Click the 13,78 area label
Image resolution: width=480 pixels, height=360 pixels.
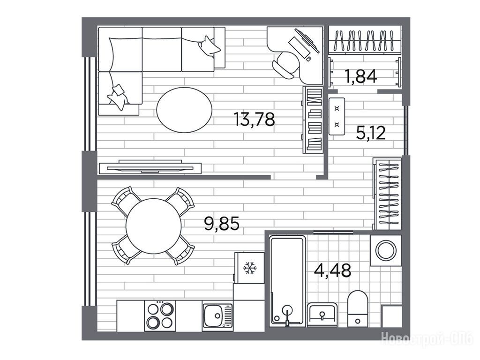pyautogui.click(x=254, y=120)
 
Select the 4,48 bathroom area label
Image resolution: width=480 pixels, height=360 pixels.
pyautogui.click(x=333, y=270)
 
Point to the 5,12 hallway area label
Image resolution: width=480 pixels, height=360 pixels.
pyautogui.click(x=371, y=133)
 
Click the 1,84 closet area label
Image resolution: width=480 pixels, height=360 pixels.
pyautogui.click(x=360, y=76)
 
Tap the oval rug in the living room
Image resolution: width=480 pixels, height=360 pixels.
pyautogui.click(x=184, y=110)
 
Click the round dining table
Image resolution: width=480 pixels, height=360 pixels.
pyautogui.click(x=153, y=226)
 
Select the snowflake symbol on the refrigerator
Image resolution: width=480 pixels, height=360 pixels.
pyautogui.click(x=250, y=268)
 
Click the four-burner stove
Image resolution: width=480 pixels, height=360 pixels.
pyautogui.click(x=160, y=315)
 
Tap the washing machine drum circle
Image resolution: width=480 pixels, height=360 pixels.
pyautogui.click(x=386, y=250)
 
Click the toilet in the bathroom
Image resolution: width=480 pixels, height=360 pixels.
pyautogui.click(x=358, y=308)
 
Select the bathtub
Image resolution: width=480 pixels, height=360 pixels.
pyautogui.click(x=287, y=281)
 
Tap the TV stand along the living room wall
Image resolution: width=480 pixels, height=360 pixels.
pyautogui.click(x=150, y=167)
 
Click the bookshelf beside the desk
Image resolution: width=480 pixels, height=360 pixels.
pyautogui.click(x=313, y=120)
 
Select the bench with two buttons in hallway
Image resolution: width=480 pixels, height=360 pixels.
pyautogui.click(x=337, y=116)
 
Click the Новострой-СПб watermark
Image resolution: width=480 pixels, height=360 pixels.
pyautogui.click(x=427, y=340)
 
